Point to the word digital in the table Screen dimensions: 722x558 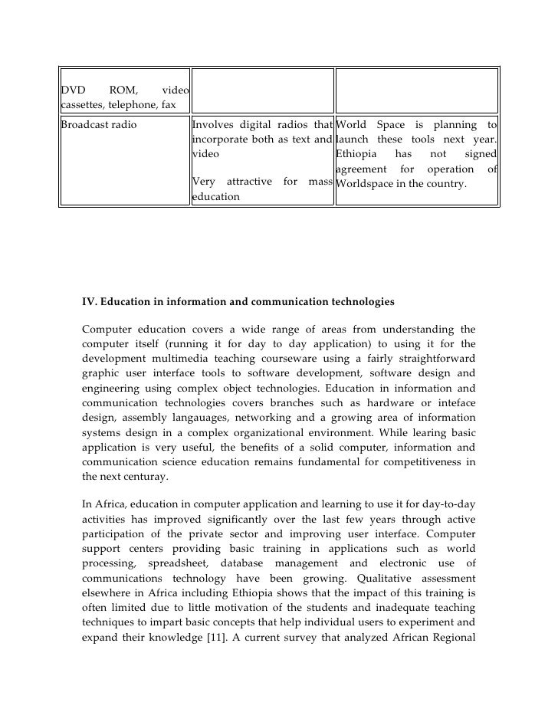[256, 126]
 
